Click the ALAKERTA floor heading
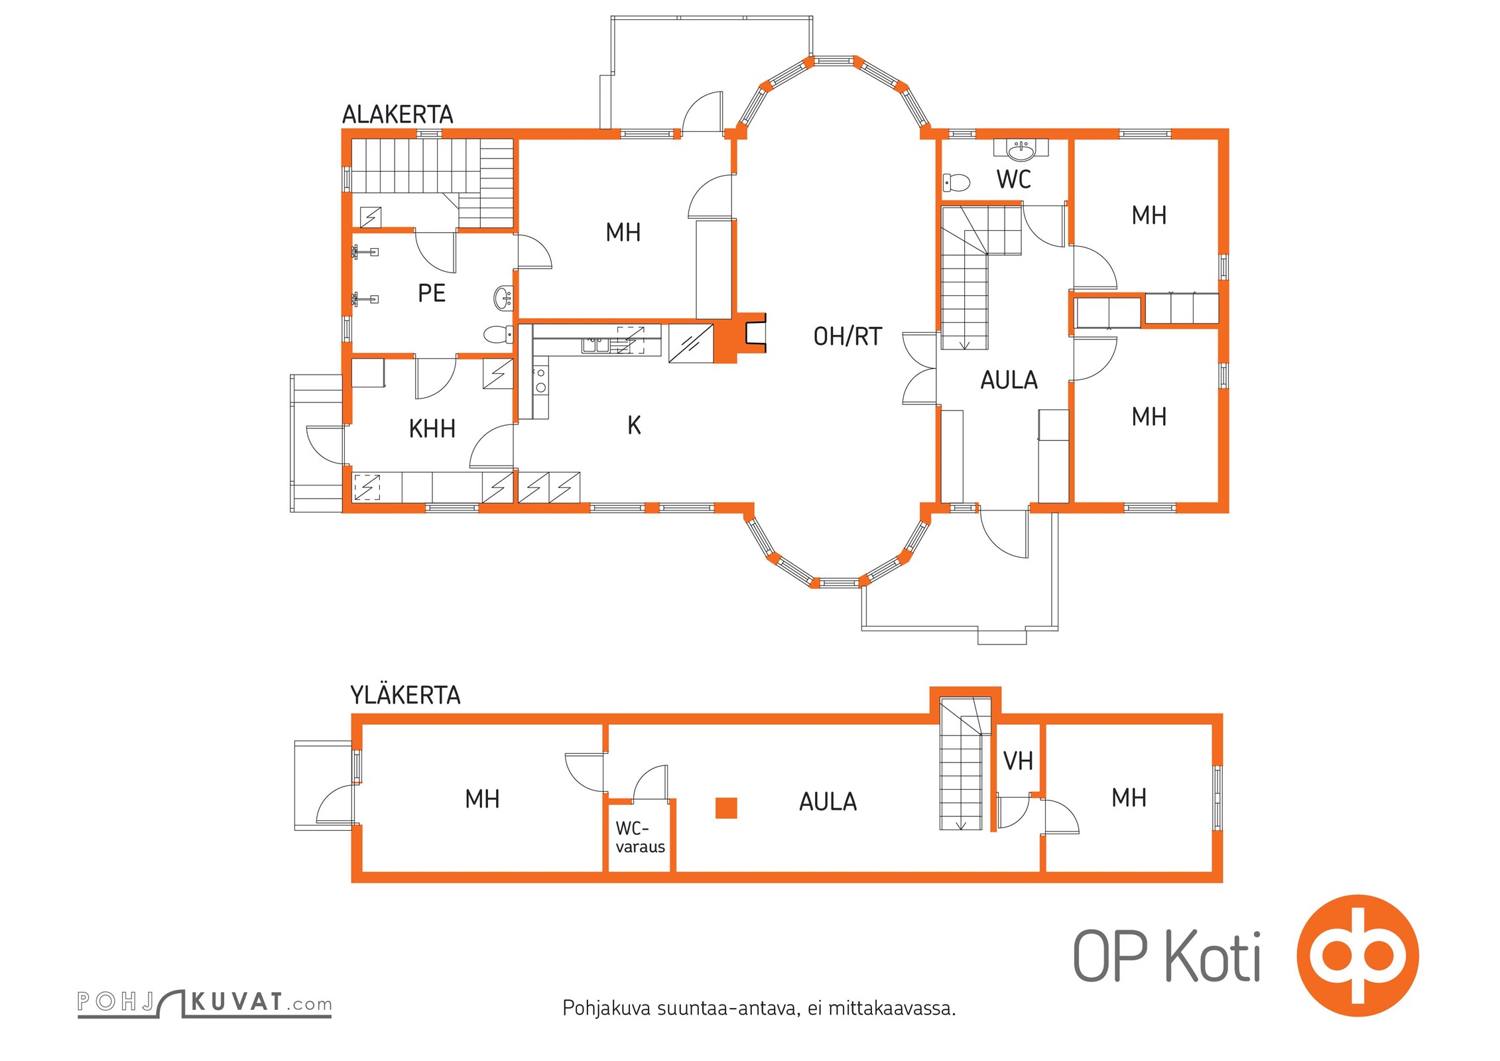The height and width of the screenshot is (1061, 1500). [x=397, y=115]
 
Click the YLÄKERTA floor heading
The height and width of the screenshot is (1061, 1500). [x=405, y=695]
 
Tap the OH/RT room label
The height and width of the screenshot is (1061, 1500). [x=847, y=337]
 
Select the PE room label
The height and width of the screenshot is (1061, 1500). [x=432, y=293]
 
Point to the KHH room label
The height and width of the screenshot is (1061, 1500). [x=432, y=429]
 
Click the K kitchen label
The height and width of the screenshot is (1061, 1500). [x=634, y=426]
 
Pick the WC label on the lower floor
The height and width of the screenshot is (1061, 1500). [x=1013, y=180]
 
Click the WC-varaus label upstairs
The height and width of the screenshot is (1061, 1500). [x=640, y=838]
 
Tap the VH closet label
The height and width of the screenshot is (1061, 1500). [x=1018, y=761]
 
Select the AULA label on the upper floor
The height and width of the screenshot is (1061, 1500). [x=828, y=802]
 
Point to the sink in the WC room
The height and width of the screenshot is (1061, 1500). [x=1021, y=151]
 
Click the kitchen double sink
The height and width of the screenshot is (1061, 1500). [x=595, y=345]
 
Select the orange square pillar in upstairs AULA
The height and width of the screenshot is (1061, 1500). [x=726, y=808]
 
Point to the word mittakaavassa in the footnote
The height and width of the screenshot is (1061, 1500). [x=891, y=1009]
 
